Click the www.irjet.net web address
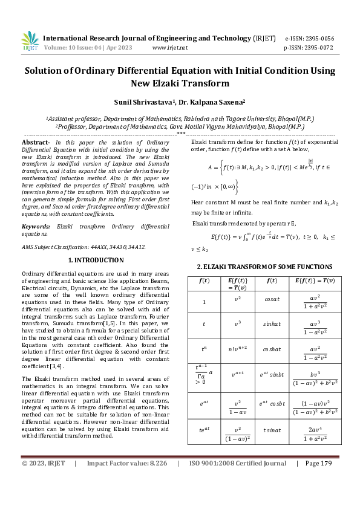[170, 47]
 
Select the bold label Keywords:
[36, 226]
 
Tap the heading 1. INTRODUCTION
[96, 260]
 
